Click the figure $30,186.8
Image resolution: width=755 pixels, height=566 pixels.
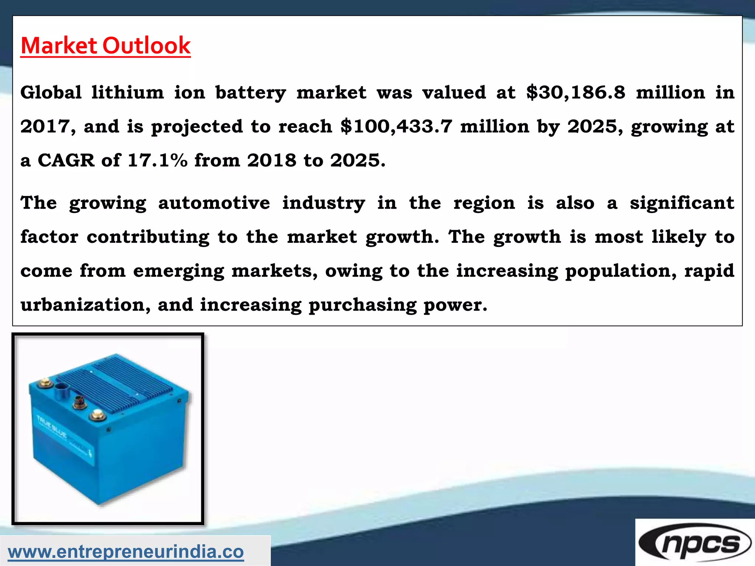pyautogui.click(x=576, y=92)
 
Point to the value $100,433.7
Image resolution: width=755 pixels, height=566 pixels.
pyautogui.click(x=396, y=126)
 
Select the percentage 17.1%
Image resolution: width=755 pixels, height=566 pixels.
pyautogui.click(x=157, y=160)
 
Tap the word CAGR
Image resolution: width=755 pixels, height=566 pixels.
pyautogui.click(x=66, y=160)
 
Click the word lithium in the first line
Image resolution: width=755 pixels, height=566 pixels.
pyautogui.click(x=128, y=92)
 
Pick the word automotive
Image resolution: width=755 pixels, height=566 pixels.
pyautogui.click(x=214, y=203)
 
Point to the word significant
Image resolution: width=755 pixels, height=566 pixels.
pyautogui.click(x=682, y=203)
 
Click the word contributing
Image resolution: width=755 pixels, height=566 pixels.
pyautogui.click(x=148, y=237)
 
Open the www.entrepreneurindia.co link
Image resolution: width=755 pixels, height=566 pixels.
pyautogui.click(x=126, y=552)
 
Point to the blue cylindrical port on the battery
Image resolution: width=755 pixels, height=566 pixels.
pyautogui.click(x=61, y=389)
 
